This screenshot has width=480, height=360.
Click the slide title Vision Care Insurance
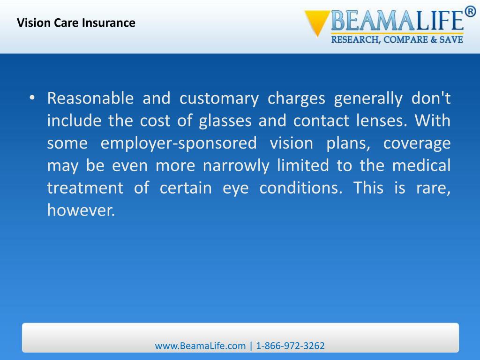(x=76, y=22)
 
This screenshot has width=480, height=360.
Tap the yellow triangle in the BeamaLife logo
(x=317, y=22)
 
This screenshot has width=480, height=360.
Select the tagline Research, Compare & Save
(x=397, y=40)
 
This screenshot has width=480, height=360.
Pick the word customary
(x=219, y=99)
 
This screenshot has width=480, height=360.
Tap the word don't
(x=431, y=99)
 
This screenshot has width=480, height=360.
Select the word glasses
(x=226, y=121)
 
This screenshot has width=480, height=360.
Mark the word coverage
(x=417, y=143)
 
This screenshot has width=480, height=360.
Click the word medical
(x=421, y=165)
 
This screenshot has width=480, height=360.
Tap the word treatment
(x=85, y=188)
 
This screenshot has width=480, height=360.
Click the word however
(x=81, y=210)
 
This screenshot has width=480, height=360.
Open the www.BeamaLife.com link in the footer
(x=200, y=346)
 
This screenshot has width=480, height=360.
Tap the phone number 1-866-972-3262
(x=290, y=346)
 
